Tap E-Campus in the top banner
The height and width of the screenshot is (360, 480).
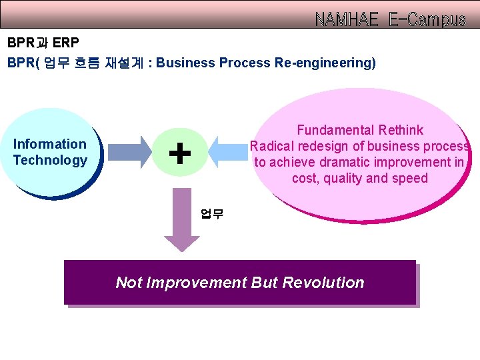tap(427, 20)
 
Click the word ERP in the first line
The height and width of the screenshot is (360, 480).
tap(65, 44)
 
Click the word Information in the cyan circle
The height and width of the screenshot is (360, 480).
tap(50, 144)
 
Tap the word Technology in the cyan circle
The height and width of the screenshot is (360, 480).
tap(50, 160)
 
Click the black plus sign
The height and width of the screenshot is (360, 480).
tap(179, 153)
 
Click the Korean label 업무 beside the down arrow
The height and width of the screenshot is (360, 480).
tap(212, 214)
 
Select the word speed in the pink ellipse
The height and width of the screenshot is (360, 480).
tap(411, 178)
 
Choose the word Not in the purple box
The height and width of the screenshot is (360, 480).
tap(128, 282)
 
